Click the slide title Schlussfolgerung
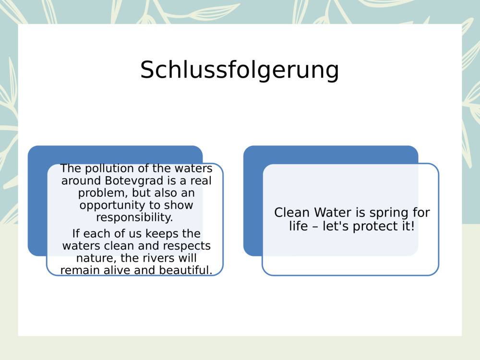(x=240, y=70)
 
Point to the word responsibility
(x=134, y=217)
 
